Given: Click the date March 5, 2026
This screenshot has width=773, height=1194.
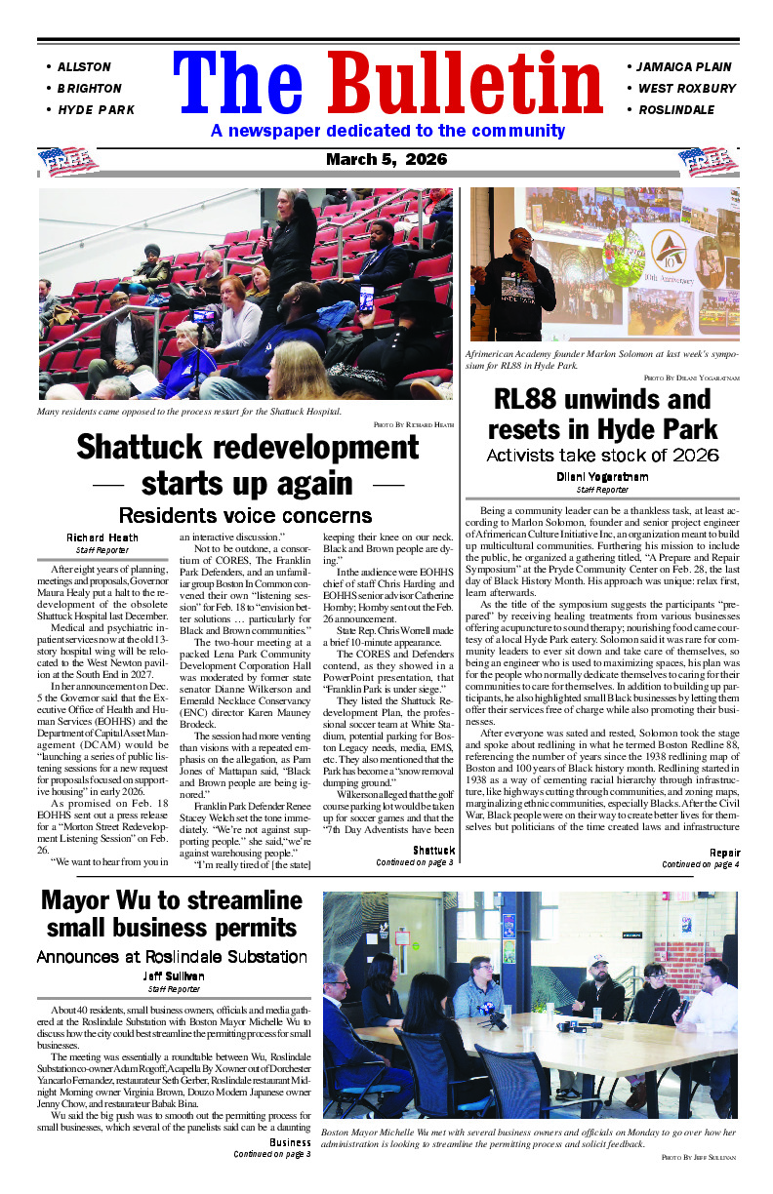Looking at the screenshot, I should click(386, 159).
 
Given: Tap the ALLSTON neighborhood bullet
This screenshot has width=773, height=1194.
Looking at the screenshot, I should click(84, 67).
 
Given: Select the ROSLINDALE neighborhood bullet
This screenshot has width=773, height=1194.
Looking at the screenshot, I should click(675, 110).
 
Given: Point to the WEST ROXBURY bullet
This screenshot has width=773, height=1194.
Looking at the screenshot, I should click(686, 89).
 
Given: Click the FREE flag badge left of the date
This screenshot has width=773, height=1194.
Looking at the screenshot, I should click(67, 160).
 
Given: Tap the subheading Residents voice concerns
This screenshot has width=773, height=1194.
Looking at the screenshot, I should click(244, 515).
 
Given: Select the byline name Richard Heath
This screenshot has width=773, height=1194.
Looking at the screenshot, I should click(102, 537).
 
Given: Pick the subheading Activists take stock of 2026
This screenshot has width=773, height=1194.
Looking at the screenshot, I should click(602, 455).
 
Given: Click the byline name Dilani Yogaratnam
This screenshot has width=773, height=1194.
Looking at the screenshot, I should click(602, 477).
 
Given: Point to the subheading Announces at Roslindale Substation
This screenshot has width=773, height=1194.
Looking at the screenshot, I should click(172, 956).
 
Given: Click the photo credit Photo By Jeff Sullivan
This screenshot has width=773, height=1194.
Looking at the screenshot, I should click(698, 1156).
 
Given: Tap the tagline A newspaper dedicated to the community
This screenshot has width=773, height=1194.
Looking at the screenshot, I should click(387, 131).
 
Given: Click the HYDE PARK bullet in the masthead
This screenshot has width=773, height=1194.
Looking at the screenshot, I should click(96, 110).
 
